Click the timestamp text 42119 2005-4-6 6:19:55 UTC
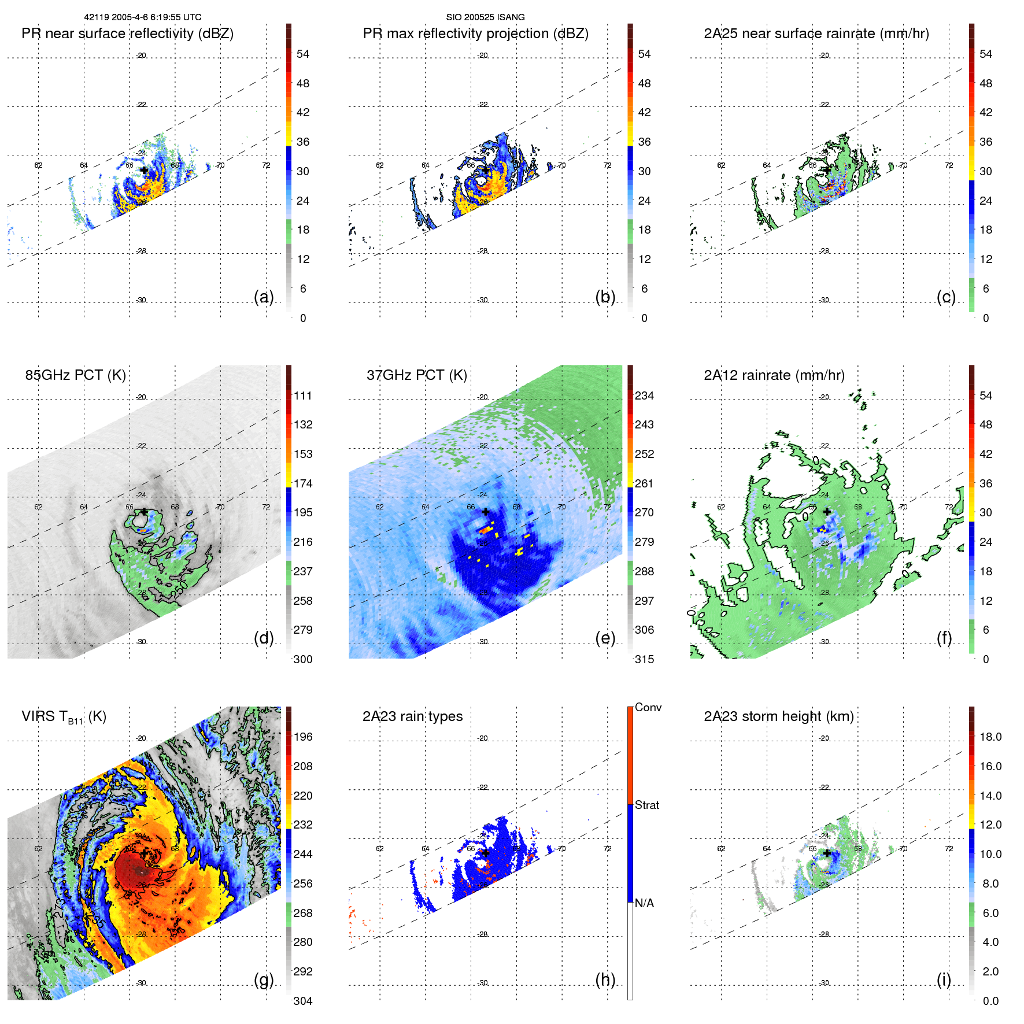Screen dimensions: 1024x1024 143,17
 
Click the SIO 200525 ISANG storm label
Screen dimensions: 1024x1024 485,17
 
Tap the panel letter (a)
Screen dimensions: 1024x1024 264,297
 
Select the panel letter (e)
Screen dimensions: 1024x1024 605,638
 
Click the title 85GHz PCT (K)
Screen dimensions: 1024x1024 75,375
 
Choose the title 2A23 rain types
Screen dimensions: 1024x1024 412,716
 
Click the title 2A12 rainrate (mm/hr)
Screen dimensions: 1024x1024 774,375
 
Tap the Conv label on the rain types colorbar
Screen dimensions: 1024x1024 648,707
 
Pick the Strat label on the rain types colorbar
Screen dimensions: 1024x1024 646,805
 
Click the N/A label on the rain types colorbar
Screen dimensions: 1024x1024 644,903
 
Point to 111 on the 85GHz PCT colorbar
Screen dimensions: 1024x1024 303,395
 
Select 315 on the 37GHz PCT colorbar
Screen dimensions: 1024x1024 644,659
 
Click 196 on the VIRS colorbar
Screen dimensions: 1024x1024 303,737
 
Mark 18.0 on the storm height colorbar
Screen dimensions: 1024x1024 990,737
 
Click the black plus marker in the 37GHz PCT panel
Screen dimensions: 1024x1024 486,512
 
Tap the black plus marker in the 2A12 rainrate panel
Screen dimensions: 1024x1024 827,512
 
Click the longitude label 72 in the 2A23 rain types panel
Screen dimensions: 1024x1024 607,848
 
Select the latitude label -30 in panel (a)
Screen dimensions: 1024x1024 142,300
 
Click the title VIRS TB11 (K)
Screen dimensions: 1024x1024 64,717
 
